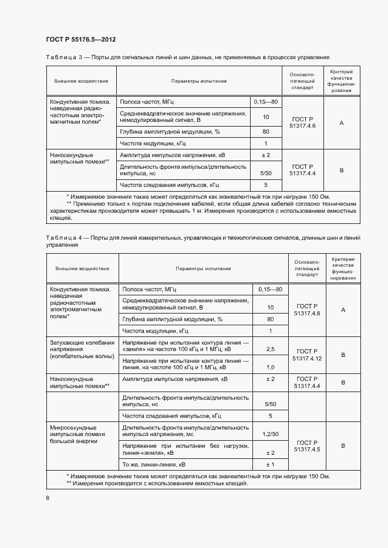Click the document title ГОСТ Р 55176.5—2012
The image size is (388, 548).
80,40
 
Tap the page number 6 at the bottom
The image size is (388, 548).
48,498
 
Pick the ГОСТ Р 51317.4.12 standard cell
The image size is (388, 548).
307,354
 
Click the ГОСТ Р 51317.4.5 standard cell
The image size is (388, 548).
307,445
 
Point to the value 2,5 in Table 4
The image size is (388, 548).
270,349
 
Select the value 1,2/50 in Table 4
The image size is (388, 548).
270,434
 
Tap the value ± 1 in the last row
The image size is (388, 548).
270,464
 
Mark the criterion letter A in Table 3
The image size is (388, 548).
341,123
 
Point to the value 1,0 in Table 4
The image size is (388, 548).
270,367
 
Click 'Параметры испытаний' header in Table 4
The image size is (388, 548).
203,268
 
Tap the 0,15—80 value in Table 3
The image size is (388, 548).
265,103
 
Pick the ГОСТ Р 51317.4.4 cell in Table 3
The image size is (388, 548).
303,170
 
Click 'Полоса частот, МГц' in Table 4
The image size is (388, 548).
150,289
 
